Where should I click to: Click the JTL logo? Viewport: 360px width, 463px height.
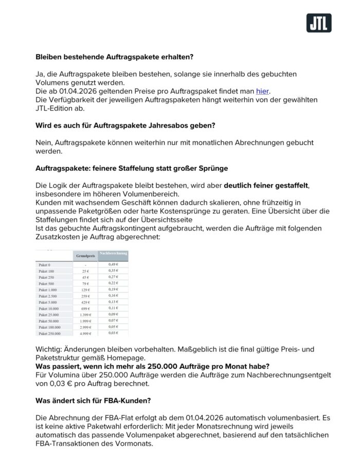[319, 23]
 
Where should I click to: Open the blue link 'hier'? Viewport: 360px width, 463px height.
[262, 91]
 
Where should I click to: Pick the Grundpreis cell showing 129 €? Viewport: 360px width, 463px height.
[85, 290]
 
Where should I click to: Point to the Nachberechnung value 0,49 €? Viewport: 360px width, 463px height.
[113, 264]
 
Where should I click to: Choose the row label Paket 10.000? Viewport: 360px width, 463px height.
[49, 309]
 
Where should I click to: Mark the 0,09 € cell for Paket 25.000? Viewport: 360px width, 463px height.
[113, 314]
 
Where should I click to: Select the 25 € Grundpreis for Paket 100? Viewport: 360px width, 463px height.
[85, 271]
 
